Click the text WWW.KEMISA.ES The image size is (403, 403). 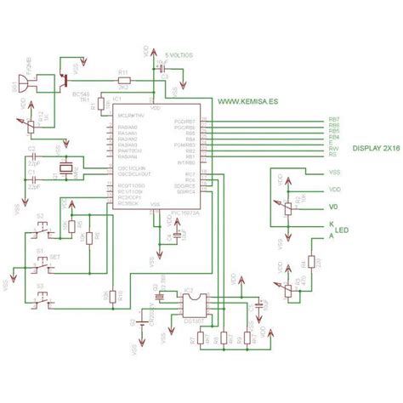click(x=247, y=100)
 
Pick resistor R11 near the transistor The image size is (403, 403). click(x=123, y=79)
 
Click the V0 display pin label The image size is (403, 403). click(x=334, y=207)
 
